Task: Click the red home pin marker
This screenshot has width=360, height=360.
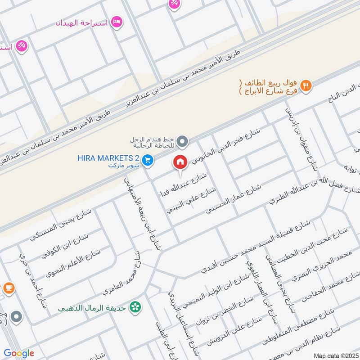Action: [180, 162]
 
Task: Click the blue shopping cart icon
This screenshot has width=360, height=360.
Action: [147, 159]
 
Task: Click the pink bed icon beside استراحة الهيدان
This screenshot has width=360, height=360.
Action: [117, 22]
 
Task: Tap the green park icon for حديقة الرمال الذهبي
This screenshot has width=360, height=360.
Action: [134, 307]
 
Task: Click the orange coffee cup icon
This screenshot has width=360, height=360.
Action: [8, 288]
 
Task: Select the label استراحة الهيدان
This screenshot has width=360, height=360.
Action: [81, 22]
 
